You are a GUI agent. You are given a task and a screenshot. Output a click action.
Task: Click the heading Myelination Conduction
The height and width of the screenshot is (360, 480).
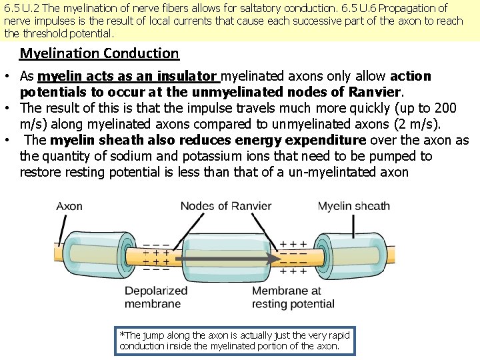tap(99, 53)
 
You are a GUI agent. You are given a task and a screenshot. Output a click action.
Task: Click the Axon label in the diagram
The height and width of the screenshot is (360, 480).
tap(69, 206)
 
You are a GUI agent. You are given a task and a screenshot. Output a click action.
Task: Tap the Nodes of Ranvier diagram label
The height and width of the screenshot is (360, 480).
tap(226, 206)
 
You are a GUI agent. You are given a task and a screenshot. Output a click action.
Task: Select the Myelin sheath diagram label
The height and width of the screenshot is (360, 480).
tap(354, 206)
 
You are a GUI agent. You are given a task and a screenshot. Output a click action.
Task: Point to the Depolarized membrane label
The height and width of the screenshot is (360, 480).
tap(156, 297)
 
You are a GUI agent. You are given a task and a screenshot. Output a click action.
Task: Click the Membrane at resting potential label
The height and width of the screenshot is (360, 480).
tap(293, 297)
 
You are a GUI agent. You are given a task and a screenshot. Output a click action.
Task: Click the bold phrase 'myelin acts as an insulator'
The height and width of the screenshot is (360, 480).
tap(127, 76)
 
